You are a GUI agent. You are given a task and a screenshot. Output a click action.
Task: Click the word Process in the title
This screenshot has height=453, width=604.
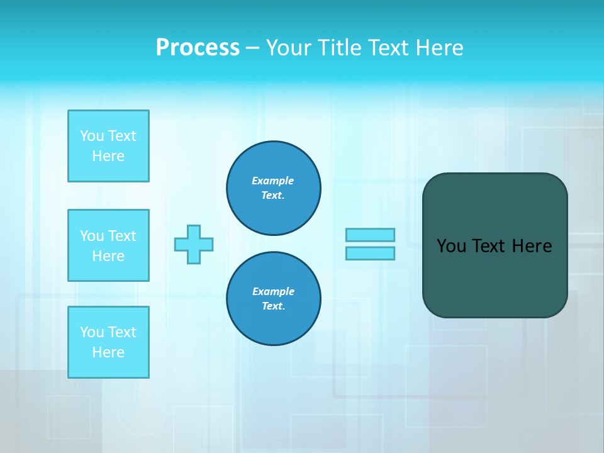tap(198, 48)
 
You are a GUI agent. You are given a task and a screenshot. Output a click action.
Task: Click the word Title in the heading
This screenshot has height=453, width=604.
tap(339, 48)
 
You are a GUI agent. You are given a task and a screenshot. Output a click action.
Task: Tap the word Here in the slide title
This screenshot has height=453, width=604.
tap(438, 48)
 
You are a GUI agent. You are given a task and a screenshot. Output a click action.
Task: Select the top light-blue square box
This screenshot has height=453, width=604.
tap(108, 146)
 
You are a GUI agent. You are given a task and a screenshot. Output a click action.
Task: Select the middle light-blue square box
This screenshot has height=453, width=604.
tap(108, 245)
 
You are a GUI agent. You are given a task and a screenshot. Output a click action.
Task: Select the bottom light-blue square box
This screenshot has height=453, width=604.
tap(108, 342)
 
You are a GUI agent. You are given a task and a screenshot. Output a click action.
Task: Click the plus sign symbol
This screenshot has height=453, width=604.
tap(194, 244)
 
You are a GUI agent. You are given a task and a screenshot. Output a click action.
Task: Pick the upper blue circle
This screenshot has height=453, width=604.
tap(274, 188)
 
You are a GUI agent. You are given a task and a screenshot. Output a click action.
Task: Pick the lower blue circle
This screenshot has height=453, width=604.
tap(274, 299)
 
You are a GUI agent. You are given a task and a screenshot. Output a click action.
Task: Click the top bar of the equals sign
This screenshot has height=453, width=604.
tap(370, 235)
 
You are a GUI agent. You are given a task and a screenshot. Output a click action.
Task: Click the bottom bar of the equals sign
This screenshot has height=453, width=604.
tap(370, 253)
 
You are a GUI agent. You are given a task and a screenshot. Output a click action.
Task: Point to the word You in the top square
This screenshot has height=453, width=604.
tap(92, 136)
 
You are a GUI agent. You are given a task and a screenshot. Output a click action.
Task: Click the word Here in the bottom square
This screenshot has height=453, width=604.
tap(108, 352)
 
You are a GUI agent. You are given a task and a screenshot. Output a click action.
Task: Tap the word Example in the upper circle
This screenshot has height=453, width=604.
tap(273, 181)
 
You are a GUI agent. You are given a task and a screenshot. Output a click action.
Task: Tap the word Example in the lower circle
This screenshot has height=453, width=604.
tap(273, 291)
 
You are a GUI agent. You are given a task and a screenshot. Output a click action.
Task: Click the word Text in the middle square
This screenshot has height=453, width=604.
tap(123, 236)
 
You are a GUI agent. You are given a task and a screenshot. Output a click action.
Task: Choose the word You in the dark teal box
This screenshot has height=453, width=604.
tap(451, 246)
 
